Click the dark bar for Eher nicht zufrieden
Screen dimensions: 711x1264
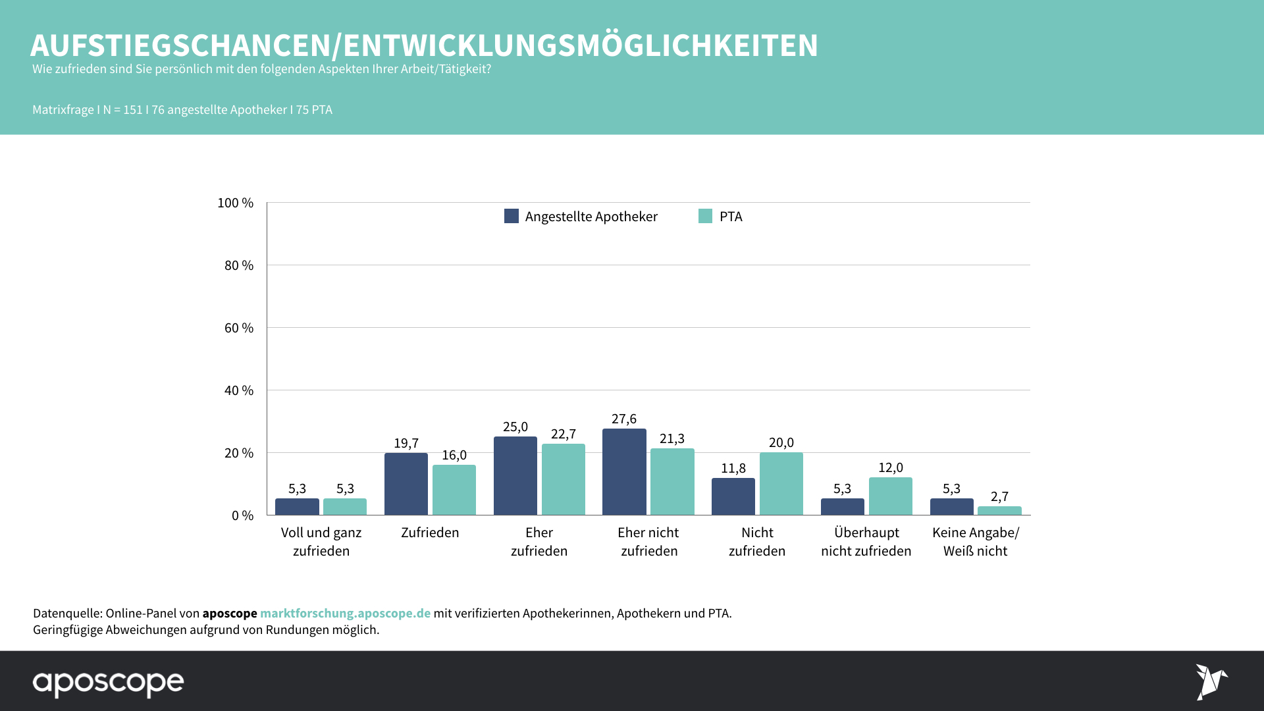(624, 472)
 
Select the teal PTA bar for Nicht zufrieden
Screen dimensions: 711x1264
(781, 484)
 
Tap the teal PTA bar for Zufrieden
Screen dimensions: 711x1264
(454, 490)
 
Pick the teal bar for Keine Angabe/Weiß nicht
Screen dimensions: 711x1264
(999, 511)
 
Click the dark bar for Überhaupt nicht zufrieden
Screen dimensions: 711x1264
(842, 507)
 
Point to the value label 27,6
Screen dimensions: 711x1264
(624, 419)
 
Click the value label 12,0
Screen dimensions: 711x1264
(890, 468)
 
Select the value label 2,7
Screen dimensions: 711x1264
(999, 497)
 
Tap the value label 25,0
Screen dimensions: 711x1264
(515, 427)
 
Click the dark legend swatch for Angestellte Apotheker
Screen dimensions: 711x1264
(512, 216)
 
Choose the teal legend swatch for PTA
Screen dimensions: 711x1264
(705, 216)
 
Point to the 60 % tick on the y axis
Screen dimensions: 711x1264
(239, 328)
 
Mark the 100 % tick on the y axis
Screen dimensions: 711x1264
(236, 203)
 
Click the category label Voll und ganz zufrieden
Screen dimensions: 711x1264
(321, 542)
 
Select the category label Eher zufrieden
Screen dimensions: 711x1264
(539, 542)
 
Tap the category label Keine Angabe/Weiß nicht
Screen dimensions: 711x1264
(975, 542)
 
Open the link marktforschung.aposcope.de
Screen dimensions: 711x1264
(345, 614)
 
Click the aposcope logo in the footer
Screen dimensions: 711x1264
(109, 683)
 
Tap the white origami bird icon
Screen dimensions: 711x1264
(1211, 682)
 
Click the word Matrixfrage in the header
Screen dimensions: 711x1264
(63, 110)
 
